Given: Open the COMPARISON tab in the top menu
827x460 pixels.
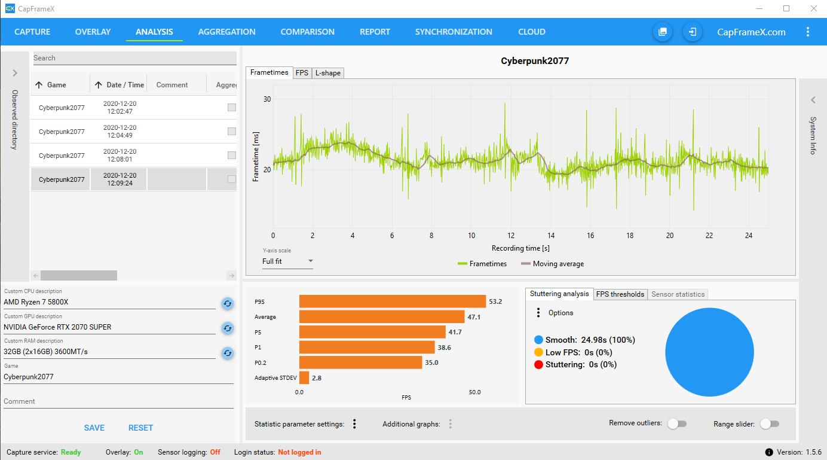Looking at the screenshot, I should tap(307, 32).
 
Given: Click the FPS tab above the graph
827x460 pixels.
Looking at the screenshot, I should tap(302, 73).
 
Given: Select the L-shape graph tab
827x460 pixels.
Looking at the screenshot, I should tap(327, 73).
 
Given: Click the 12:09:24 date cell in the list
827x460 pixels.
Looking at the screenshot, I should tap(120, 179).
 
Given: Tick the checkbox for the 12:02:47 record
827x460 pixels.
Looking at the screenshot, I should tap(232, 108).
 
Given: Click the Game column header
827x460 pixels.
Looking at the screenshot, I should tap(57, 85).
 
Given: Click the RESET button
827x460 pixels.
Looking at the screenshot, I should tap(140, 428).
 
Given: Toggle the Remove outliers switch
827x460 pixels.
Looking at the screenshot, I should tap(676, 424).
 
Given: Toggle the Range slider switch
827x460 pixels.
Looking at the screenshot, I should tap(770, 424).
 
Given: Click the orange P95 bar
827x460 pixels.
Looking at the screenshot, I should tap(392, 301).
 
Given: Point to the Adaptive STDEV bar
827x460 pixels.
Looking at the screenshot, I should tap(304, 378).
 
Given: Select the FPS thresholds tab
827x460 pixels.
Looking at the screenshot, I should tap(620, 294).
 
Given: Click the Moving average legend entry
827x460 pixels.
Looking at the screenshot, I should tap(552, 264).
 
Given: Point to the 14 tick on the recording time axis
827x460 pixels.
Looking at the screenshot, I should tap(551, 236).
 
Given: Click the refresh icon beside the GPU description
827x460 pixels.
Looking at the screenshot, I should tap(227, 328).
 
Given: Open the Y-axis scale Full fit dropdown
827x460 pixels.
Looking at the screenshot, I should tap(287, 261).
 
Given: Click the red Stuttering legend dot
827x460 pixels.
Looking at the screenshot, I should tap(538, 364).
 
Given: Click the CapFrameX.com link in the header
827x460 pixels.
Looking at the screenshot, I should tap(751, 32).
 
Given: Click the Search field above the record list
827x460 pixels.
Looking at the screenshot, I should tap(134, 58).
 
